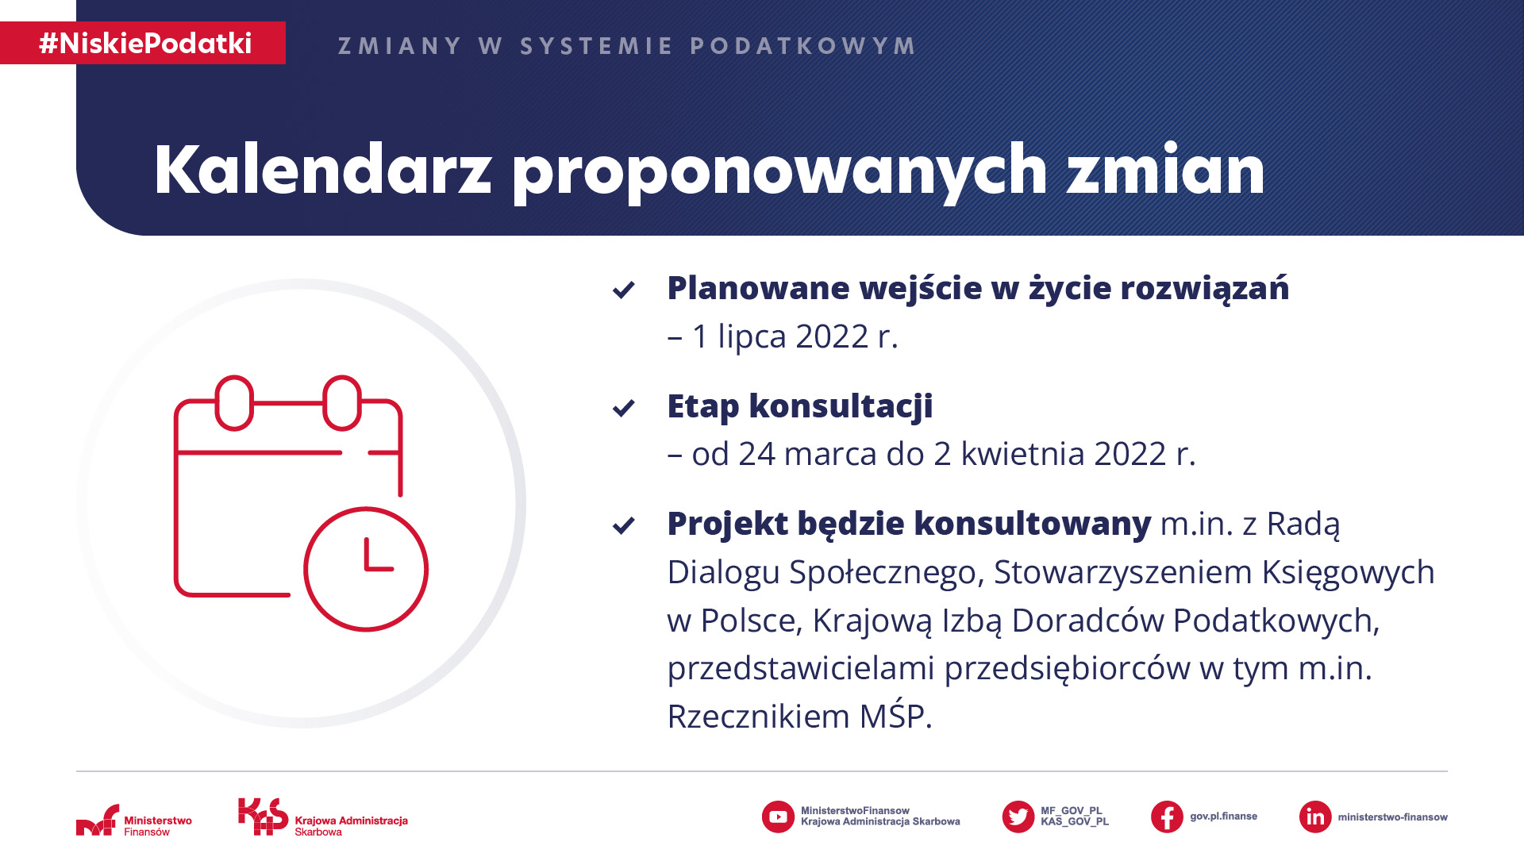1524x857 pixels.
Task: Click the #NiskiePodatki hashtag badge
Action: click(x=143, y=43)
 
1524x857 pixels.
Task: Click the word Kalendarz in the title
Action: click(x=323, y=170)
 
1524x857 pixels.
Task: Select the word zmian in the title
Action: click(x=1165, y=170)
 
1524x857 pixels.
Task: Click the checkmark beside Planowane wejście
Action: click(x=624, y=290)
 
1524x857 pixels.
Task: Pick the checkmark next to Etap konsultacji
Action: click(x=624, y=408)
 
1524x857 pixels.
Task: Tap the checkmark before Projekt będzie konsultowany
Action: click(x=624, y=525)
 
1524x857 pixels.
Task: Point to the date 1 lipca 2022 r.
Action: click(x=795, y=336)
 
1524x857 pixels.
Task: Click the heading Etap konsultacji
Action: click(x=800, y=406)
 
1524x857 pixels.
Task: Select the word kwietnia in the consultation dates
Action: click(x=1022, y=454)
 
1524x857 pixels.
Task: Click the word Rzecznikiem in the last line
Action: click(x=759, y=717)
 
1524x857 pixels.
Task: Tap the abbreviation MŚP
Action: click(x=895, y=716)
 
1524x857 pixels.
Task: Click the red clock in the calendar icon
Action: click(x=366, y=569)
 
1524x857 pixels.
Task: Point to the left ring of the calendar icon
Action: click(x=234, y=403)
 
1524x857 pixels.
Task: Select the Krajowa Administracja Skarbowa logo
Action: click(x=323, y=817)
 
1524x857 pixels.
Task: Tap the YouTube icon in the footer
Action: click(x=778, y=817)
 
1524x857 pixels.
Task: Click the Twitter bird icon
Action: click(x=1018, y=817)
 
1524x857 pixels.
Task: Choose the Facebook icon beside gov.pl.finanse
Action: click(x=1167, y=817)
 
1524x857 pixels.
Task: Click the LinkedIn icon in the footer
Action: click(x=1315, y=817)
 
